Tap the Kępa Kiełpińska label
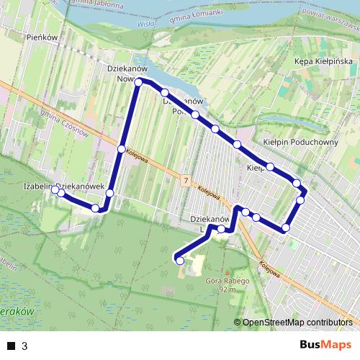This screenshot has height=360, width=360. click(x=324, y=61)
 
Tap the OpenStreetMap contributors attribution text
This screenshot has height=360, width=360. click(x=297, y=322)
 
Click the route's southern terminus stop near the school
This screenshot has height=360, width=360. click(x=179, y=261)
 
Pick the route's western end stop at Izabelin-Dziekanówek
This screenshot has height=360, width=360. click(x=55, y=189)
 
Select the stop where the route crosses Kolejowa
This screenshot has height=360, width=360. click(x=121, y=149)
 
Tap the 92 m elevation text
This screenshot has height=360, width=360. click(x=227, y=289)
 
